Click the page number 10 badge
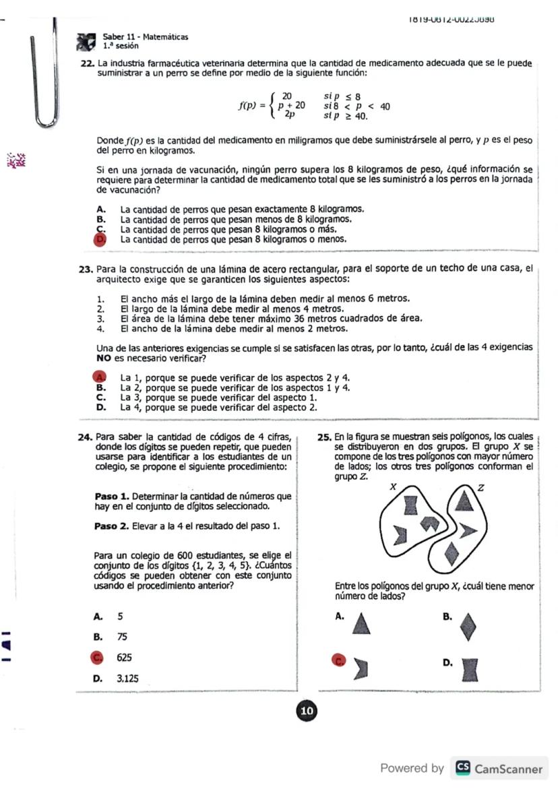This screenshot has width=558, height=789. [x=307, y=711]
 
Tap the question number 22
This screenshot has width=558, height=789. [x=86, y=63]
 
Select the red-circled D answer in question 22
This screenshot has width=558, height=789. [x=102, y=239]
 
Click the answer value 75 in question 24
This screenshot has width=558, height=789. [x=122, y=637]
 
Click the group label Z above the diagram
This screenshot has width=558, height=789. [x=480, y=488]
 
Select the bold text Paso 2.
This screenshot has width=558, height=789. [x=111, y=525]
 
